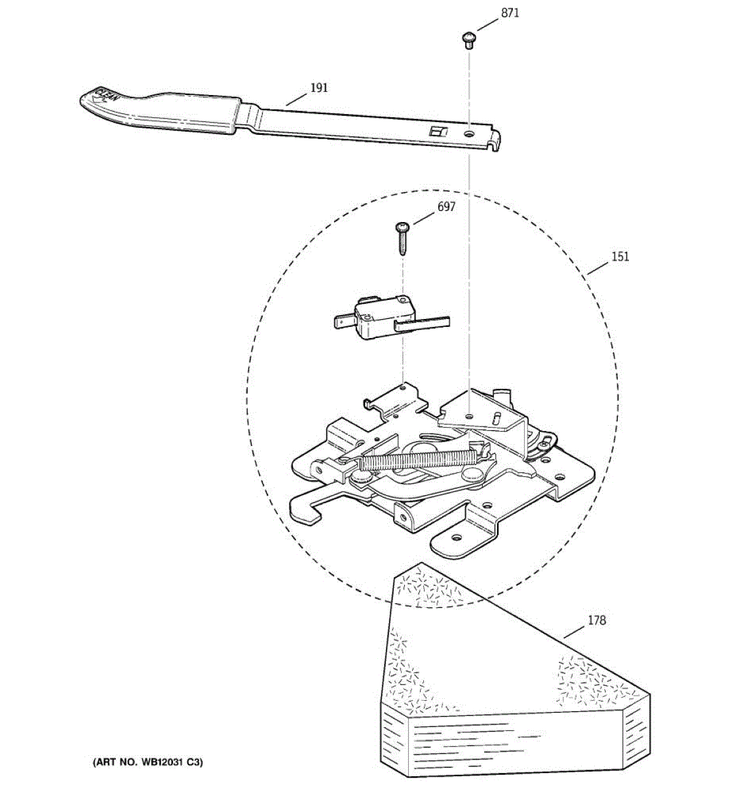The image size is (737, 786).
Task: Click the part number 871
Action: point(510,13)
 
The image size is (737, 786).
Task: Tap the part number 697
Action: point(446,207)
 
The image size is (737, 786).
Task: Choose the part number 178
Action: point(596,620)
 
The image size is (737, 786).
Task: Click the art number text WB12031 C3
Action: point(147,762)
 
